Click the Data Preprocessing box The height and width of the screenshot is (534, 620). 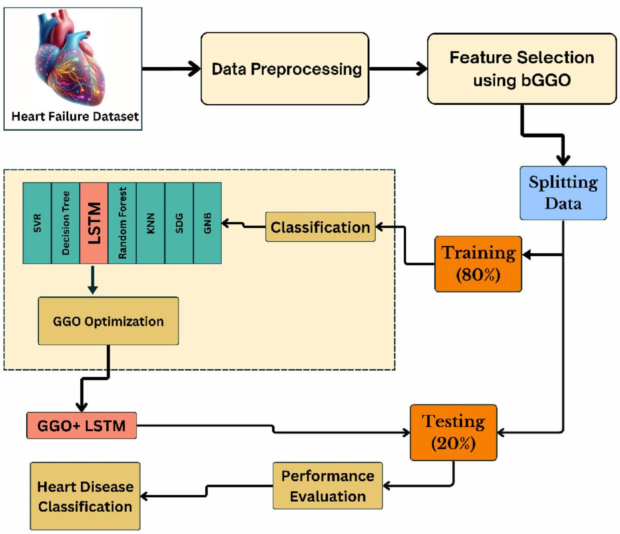click(285, 69)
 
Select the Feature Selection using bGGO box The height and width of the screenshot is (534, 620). click(522, 69)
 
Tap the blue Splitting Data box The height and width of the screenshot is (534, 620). click(563, 193)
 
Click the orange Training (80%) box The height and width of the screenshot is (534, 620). click(478, 264)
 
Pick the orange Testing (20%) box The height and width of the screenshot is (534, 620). click(453, 432)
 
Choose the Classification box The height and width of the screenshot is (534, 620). click(320, 227)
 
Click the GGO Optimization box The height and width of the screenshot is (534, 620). click(108, 321)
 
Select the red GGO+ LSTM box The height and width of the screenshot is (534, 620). click(82, 426)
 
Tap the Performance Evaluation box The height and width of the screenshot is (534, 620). click(327, 486)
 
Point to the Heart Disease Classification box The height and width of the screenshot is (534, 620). click(85, 496)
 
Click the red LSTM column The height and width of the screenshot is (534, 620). click(94, 223)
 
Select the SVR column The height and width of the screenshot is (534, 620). click(37, 223)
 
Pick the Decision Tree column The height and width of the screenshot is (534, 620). click(66, 223)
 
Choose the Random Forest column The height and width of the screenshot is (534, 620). click(122, 223)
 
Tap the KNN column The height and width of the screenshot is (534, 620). click(151, 223)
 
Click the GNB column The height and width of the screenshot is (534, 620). click(207, 223)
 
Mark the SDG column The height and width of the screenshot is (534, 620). click(179, 223)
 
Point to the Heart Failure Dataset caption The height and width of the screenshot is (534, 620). click(75, 116)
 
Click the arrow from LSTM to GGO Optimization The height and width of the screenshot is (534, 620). click(93, 279)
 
